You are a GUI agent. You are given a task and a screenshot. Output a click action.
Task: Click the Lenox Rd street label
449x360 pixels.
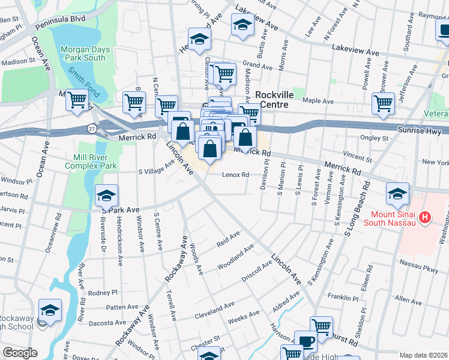point(235,175)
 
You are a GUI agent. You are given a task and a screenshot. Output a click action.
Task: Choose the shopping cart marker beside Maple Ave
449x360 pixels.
point(383,103)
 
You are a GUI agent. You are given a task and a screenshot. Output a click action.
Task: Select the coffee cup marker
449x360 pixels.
point(306,341)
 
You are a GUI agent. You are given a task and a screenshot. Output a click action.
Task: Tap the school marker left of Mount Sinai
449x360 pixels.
point(397,193)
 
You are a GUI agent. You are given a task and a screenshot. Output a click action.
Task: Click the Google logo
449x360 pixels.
point(20,353)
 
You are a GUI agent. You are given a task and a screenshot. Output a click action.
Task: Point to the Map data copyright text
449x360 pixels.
point(424,355)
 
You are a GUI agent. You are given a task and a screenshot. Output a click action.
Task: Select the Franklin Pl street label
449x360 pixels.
point(343,298)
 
